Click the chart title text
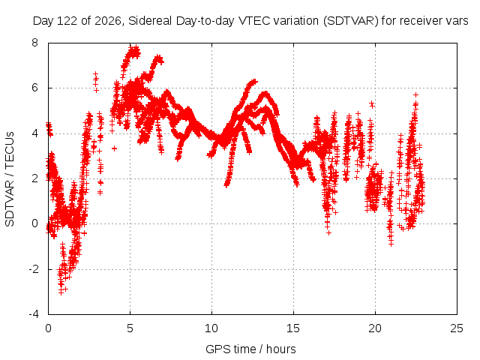(x=250, y=21)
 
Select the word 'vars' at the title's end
(x=457, y=22)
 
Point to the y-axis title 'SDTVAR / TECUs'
(x=10, y=179)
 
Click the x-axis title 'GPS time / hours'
(x=250, y=349)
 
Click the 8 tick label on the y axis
(x=35, y=43)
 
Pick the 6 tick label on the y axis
(x=35, y=88)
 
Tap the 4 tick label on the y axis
(x=35, y=133)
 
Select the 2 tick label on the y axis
(x=35, y=178)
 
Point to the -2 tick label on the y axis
(x=33, y=269)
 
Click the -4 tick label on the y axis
(x=33, y=314)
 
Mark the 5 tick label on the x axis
(x=130, y=328)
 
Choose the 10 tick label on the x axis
(x=211, y=328)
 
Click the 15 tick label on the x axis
(x=293, y=328)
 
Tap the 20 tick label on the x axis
(x=375, y=328)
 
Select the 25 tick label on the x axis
(x=457, y=328)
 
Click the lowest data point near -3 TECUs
(x=61, y=292)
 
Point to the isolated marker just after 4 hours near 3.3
(x=114, y=148)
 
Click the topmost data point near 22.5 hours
(x=415, y=95)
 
